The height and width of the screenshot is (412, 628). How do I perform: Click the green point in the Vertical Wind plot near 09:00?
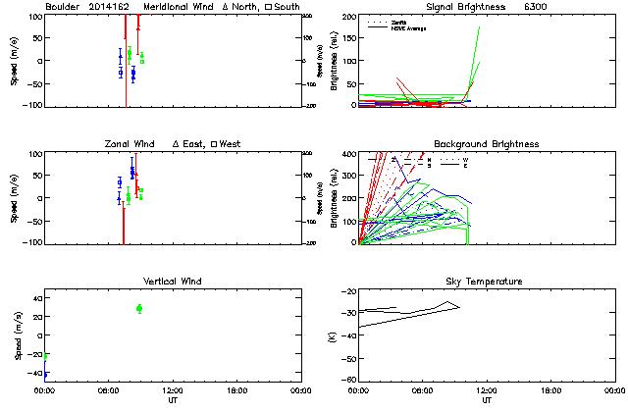tap(139, 308)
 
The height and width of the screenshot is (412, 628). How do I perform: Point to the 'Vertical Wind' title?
tap(171, 282)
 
